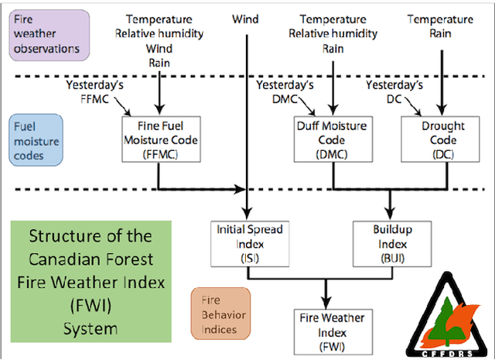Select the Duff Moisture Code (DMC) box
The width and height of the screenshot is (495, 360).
pos(332,140)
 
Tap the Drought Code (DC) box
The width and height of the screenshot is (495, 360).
pos(443,140)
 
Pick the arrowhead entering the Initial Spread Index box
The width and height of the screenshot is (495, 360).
pos(247,216)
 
